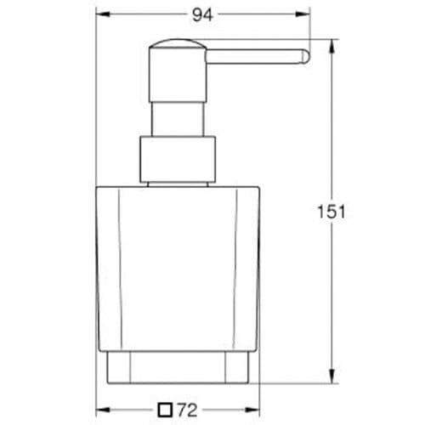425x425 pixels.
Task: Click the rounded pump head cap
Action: (x=176, y=50)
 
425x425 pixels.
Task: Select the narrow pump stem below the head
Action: (x=176, y=110)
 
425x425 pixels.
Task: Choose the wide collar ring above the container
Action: (x=176, y=160)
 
